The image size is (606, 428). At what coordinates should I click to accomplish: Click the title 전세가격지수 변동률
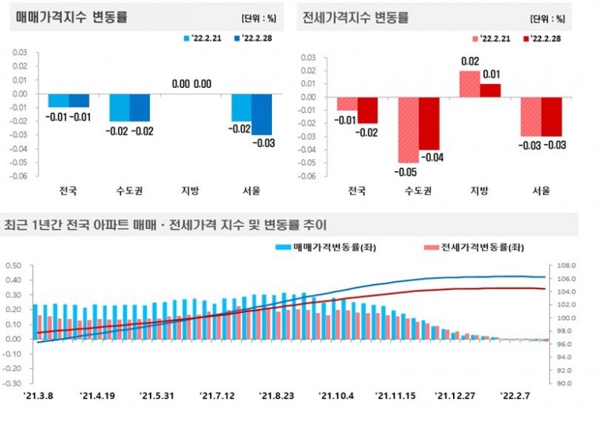355,17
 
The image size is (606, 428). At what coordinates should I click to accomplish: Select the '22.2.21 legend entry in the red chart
492,36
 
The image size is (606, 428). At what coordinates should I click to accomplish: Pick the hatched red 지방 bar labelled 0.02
470,83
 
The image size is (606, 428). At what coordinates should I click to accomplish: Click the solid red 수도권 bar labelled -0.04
429,123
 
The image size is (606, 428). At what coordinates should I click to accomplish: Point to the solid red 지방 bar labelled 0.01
490,90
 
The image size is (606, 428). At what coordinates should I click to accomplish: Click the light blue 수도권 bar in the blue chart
119,108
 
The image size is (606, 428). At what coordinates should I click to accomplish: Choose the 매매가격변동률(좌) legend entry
321,247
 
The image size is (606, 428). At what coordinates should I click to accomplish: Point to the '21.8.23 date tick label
276,395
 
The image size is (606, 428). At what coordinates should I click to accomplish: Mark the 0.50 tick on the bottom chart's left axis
14,266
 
